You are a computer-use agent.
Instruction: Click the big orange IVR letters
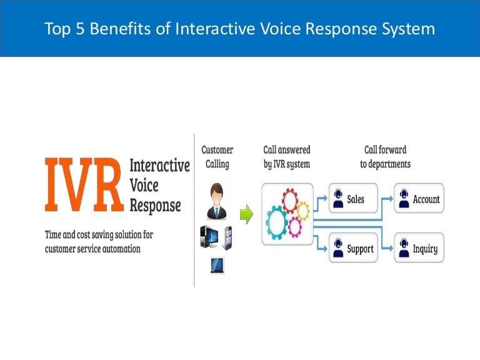click(84, 186)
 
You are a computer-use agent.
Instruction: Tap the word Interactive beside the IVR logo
click(159, 166)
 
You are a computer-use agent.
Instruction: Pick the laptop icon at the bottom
click(216, 266)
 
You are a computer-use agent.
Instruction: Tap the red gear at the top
click(292, 202)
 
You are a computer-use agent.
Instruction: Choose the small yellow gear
click(302, 211)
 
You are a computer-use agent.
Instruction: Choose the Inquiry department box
click(418, 249)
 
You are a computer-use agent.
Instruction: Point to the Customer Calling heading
click(217, 157)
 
